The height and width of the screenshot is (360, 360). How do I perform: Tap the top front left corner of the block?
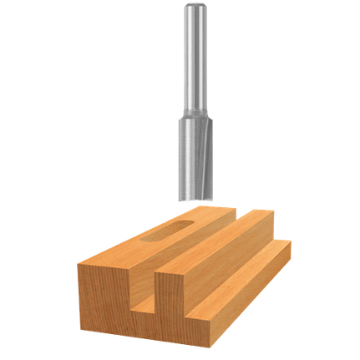pos(79,261)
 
